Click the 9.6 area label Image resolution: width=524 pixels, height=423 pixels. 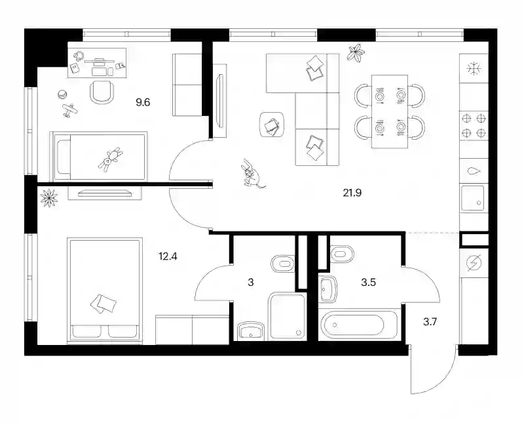[x=143, y=102]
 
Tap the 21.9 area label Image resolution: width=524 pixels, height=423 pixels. [x=352, y=193]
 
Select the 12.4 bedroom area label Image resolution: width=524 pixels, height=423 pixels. [x=168, y=256]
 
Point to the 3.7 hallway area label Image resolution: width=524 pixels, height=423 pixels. [x=430, y=322]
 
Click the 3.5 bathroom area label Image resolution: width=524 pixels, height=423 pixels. [x=368, y=283]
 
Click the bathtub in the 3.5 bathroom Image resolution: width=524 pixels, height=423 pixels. [x=358, y=325]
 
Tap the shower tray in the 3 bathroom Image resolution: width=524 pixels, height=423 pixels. [x=288, y=317]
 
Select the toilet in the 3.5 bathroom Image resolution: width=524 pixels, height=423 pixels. [x=342, y=254]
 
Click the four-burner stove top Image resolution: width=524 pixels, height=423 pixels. [x=474, y=125]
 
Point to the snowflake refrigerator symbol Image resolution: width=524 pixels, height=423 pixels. [x=474, y=70]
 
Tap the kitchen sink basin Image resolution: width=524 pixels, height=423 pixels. [x=473, y=198]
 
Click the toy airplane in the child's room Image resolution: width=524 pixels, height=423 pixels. [x=70, y=110]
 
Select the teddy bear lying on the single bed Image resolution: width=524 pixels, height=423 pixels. [x=109, y=159]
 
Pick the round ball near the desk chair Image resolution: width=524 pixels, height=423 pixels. [x=62, y=94]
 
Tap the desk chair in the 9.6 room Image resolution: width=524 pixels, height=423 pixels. [x=102, y=91]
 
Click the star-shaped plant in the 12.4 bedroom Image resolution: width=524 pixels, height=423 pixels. [x=48, y=197]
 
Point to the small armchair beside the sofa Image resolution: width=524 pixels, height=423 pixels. [x=272, y=125]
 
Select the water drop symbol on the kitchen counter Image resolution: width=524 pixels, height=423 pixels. [x=474, y=171]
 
